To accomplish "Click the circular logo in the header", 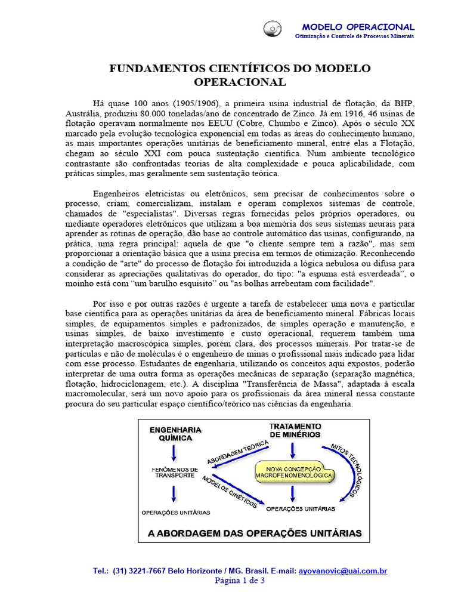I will click(x=273, y=28).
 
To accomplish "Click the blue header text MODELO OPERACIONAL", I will click(x=358, y=27).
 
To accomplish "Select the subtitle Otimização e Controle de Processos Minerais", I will click(x=354, y=36).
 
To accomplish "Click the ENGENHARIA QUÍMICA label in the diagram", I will click(x=175, y=433).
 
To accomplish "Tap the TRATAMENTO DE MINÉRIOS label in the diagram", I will click(x=295, y=430).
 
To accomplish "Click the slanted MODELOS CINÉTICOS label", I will click(x=230, y=491).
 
